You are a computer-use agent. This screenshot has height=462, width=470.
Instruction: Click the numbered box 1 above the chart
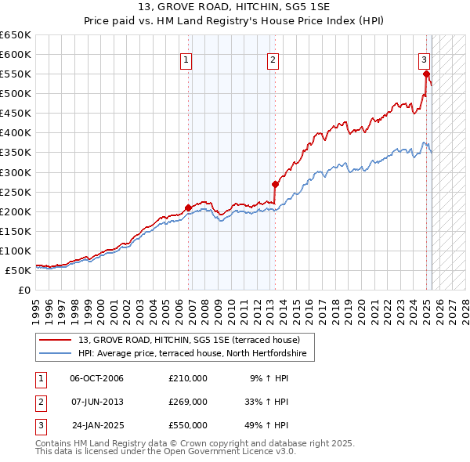pyautogui.click(x=186, y=60)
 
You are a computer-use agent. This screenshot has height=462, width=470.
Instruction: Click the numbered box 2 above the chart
pyautogui.click(x=273, y=60)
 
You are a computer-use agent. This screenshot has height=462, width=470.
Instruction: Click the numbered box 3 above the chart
pyautogui.click(x=424, y=60)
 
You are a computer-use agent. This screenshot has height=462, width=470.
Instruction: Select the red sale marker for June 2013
pyautogui.click(x=275, y=185)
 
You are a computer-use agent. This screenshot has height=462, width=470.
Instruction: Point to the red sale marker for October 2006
pyautogui.click(x=188, y=208)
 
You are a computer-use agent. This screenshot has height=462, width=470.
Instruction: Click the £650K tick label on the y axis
pyautogui.click(x=16, y=35)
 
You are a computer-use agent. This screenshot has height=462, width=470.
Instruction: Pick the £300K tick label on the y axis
pyautogui.click(x=16, y=172)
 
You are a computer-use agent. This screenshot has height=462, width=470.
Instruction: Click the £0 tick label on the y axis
pyautogui.click(x=23, y=290)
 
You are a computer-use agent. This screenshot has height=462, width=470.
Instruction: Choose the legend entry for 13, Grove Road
pyautogui.click(x=196, y=340)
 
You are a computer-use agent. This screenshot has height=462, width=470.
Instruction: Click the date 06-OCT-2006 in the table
pyautogui.click(x=96, y=378)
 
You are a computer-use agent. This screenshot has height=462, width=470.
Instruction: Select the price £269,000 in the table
pyautogui.click(x=188, y=402)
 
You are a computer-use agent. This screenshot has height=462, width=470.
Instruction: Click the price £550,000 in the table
pyautogui.click(x=188, y=425)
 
